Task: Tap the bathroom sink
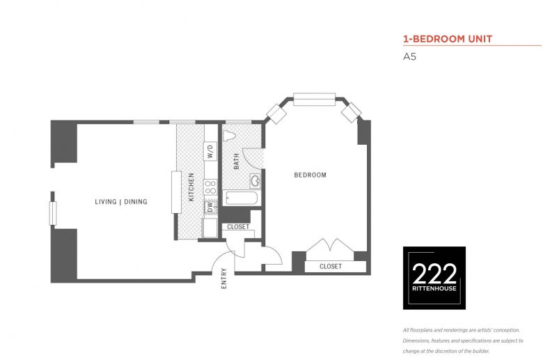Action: click(x=255, y=180)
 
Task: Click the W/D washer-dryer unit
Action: click(x=210, y=151)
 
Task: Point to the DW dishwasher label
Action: click(x=210, y=208)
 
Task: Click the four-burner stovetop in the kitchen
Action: click(x=210, y=187)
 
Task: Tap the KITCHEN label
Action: click(x=191, y=187)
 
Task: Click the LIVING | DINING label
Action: click(x=121, y=202)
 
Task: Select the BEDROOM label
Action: click(x=310, y=175)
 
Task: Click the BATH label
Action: click(x=237, y=162)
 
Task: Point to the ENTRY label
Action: click(x=223, y=279)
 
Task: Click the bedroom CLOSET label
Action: click(x=331, y=266)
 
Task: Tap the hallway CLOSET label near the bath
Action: click(x=238, y=226)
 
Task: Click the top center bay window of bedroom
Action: click(x=315, y=99)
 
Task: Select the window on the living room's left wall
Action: click(x=53, y=214)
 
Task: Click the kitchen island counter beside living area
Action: click(x=176, y=192)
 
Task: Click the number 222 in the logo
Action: click(x=434, y=274)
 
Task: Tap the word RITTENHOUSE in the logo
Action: click(x=434, y=288)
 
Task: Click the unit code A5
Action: click(x=409, y=56)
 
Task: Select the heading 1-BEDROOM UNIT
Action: click(x=448, y=39)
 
